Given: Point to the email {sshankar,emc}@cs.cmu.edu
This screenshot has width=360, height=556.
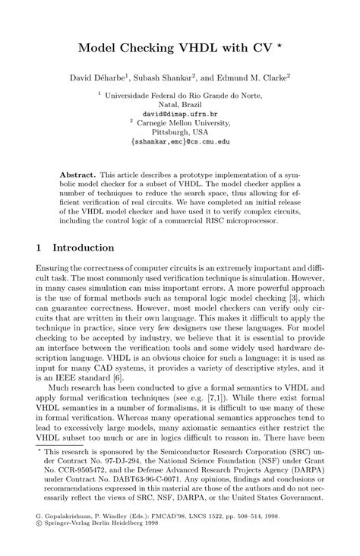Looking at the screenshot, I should pyautogui.click(x=179, y=141).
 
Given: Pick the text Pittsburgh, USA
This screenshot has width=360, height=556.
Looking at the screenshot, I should pyautogui.click(x=179, y=131).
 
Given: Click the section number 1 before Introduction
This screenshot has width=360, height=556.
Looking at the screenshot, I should pyautogui.click(x=39, y=248).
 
